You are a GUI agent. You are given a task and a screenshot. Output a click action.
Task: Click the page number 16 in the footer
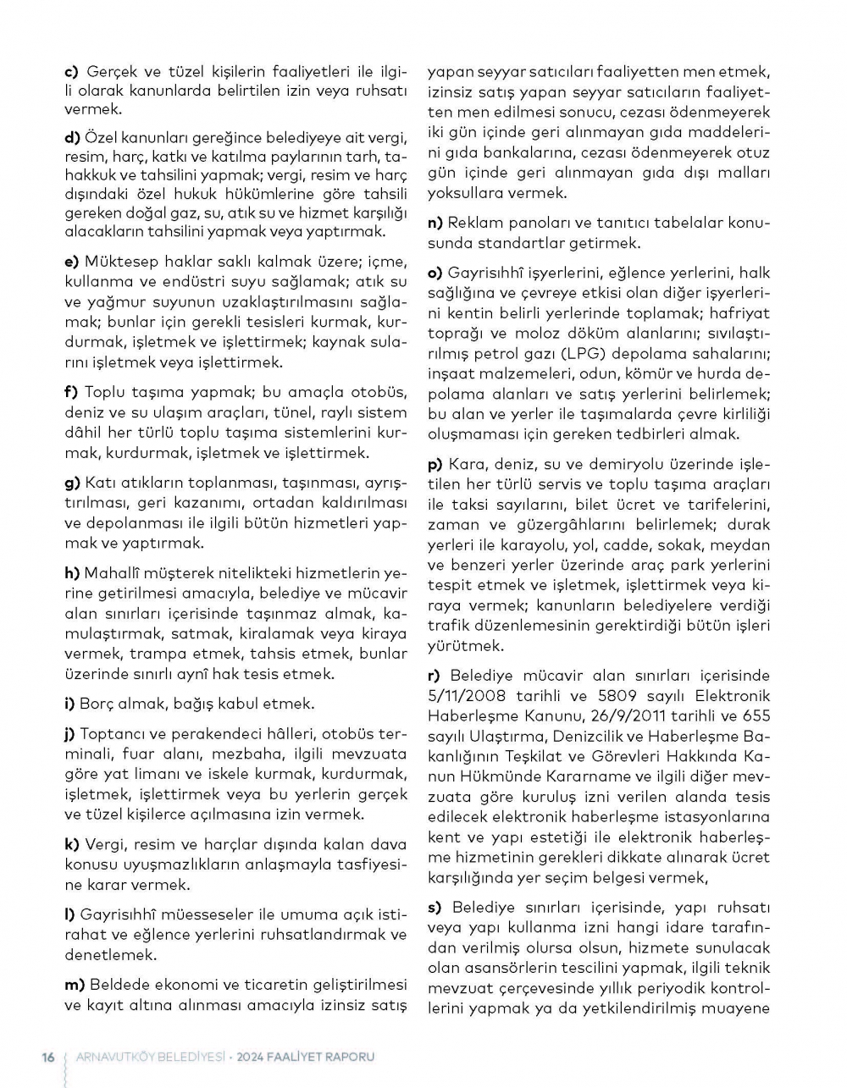click(x=48, y=1057)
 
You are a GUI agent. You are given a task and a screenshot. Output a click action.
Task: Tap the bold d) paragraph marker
click(x=72, y=136)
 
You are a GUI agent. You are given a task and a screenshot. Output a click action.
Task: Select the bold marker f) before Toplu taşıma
click(x=71, y=392)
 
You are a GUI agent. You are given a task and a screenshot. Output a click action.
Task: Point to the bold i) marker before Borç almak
click(x=69, y=704)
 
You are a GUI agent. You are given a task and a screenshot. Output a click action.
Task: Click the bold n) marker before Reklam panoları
click(x=435, y=223)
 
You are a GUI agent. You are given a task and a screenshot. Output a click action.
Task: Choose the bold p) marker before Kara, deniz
click(x=435, y=464)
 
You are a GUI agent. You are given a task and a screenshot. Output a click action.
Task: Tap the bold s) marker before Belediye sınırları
click(x=435, y=907)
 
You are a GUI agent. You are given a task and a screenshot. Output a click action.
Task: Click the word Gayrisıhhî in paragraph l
click(x=119, y=914)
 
